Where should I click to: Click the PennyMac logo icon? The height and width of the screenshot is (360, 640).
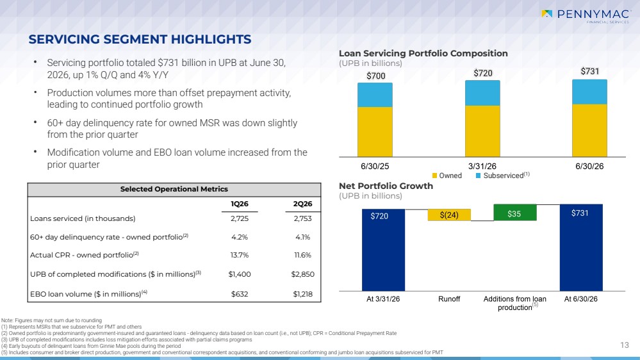(547, 14)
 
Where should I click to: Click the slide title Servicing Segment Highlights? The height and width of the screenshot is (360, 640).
(140, 39)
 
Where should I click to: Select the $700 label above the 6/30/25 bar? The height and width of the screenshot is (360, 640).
(375, 76)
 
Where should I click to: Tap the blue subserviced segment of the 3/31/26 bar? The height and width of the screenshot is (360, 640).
(482, 93)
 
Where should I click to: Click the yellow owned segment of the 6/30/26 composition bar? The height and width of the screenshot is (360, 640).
(589, 131)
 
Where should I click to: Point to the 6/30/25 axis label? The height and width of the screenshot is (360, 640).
(375, 166)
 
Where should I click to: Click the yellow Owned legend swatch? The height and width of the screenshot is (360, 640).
(435, 176)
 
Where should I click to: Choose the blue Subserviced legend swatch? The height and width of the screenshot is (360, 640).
(478, 176)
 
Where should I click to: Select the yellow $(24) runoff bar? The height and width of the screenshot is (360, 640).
(449, 215)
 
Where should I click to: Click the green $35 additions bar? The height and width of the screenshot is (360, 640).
(515, 212)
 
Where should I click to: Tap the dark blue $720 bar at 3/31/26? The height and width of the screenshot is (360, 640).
(383, 250)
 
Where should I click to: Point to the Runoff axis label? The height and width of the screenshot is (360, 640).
(449, 299)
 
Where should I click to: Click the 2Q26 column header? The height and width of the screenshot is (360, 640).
(302, 204)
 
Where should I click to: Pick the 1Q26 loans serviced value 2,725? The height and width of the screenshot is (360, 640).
(240, 218)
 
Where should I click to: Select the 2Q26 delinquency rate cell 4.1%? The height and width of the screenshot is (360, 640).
(303, 237)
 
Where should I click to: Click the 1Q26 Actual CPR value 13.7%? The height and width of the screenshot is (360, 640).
(240, 255)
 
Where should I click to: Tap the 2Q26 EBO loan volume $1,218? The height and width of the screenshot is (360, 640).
(303, 294)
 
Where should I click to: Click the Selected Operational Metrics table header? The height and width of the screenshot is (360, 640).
(174, 190)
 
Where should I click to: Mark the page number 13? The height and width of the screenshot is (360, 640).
(625, 345)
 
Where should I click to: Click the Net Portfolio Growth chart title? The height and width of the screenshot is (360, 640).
(386, 186)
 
